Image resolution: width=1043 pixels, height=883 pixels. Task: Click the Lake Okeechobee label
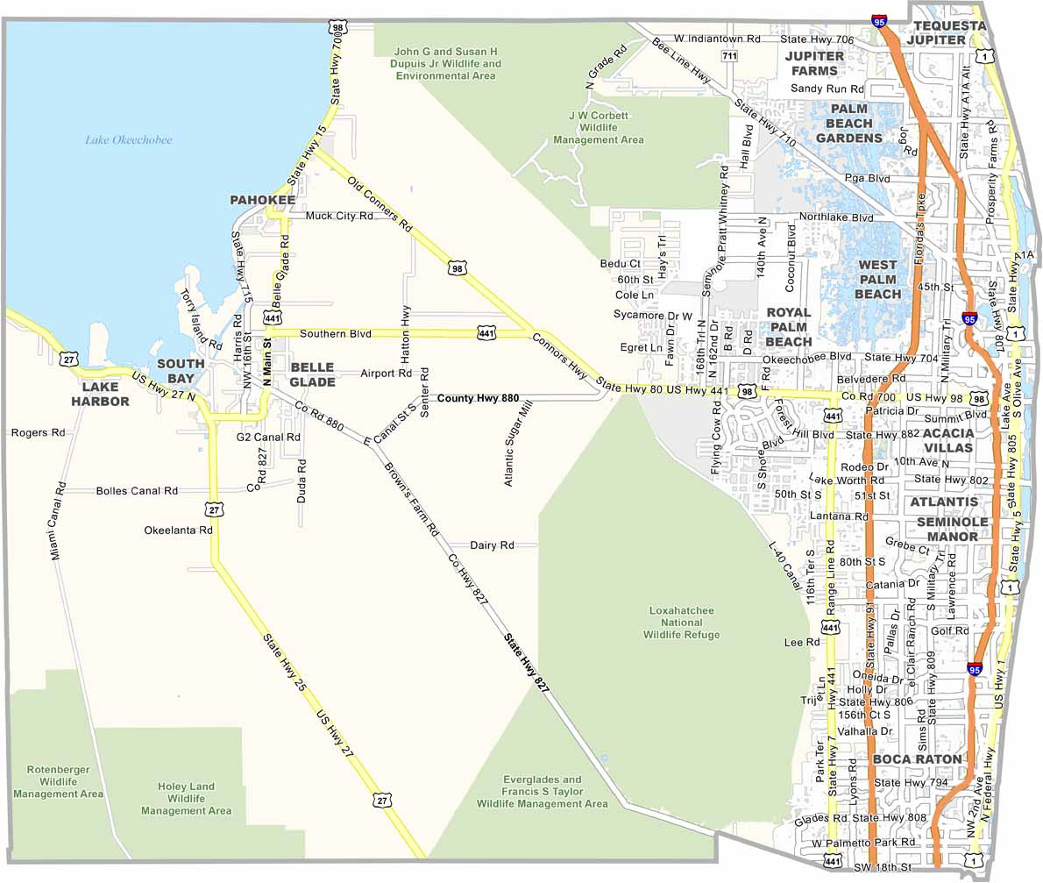click(x=129, y=140)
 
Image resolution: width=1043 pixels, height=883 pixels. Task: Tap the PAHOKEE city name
click(x=263, y=201)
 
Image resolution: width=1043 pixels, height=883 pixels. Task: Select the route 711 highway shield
click(x=729, y=56)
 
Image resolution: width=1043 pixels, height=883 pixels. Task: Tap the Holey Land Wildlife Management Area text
click(x=186, y=799)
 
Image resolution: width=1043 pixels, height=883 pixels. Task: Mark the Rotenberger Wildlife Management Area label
click(x=58, y=781)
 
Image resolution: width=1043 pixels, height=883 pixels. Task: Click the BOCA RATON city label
click(x=917, y=758)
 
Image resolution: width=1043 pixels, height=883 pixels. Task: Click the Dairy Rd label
click(x=492, y=545)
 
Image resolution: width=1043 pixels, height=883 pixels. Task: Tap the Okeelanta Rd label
click(x=179, y=531)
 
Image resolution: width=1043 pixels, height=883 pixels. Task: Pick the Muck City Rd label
click(x=339, y=216)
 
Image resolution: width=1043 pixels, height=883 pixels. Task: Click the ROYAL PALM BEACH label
click(x=788, y=326)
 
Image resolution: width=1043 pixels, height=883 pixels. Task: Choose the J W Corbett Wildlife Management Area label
click(x=599, y=127)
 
